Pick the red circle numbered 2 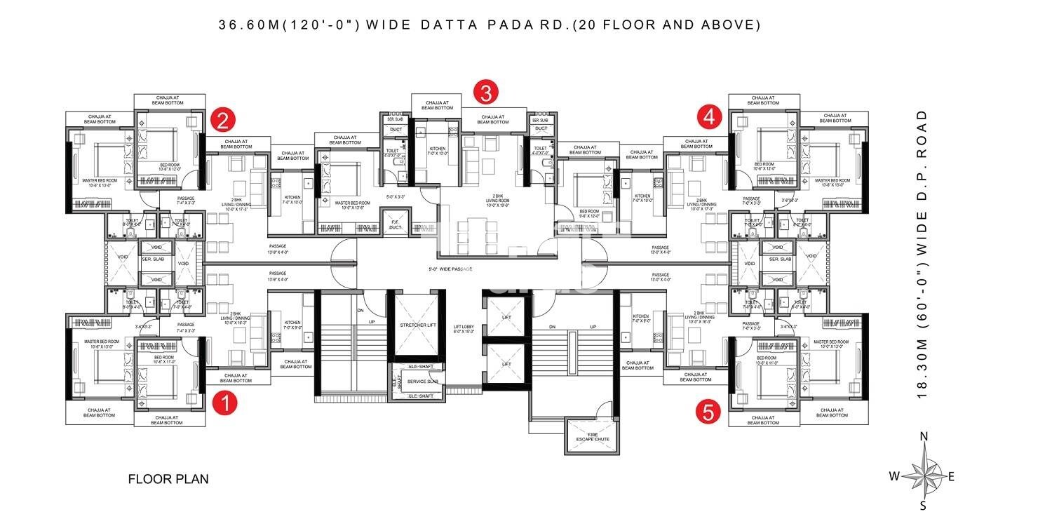click(x=223, y=121)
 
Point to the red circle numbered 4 click(x=709, y=116)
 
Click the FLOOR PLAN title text click(x=168, y=480)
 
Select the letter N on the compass click(x=924, y=437)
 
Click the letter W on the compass click(x=894, y=476)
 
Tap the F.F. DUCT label click(x=398, y=225)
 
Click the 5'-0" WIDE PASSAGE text click(x=450, y=269)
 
